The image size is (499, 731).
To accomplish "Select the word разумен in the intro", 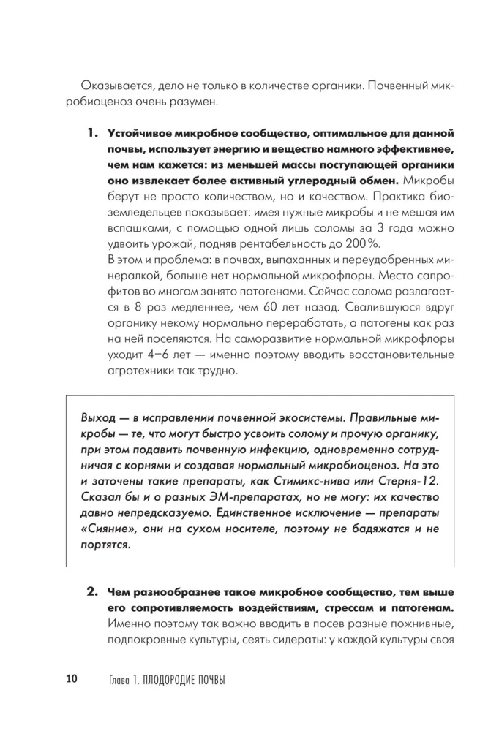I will click(195, 102).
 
